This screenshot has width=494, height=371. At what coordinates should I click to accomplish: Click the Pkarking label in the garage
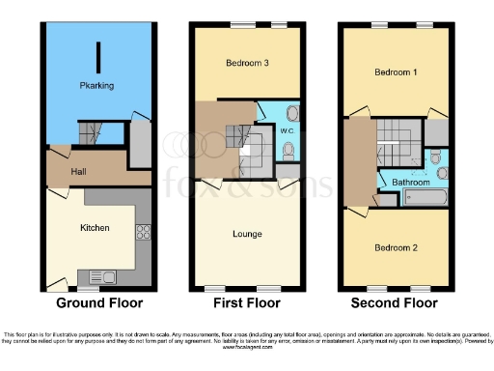click(x=96, y=86)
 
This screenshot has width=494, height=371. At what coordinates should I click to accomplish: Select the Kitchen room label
click(x=95, y=228)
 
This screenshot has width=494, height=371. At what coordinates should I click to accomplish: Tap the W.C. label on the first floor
click(x=287, y=129)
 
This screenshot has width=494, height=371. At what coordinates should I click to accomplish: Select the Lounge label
click(x=247, y=233)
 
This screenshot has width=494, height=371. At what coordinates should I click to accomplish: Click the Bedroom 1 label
click(x=396, y=73)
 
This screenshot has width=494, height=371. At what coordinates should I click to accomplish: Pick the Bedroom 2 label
click(x=396, y=247)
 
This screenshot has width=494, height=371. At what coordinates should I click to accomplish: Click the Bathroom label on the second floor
click(x=410, y=181)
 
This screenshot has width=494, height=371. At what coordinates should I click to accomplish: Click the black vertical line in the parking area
click(x=96, y=53)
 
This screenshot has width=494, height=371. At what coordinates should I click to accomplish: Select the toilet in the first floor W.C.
click(x=290, y=150)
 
